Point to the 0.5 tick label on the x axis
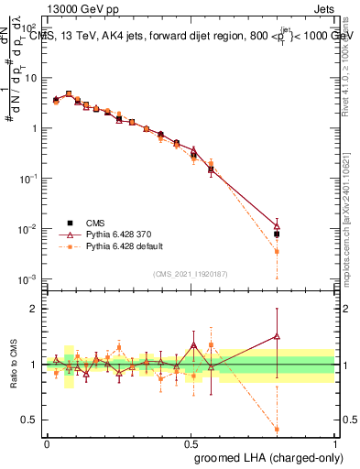tap(191, 443)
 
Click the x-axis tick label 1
tap(335, 443)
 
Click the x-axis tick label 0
tap(47, 443)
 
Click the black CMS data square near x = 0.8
tap(277, 234)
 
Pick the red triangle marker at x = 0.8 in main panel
tap(277, 225)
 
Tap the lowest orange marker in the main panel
tap(277, 251)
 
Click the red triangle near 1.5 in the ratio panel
tap(277, 336)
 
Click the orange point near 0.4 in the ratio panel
tap(277, 428)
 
